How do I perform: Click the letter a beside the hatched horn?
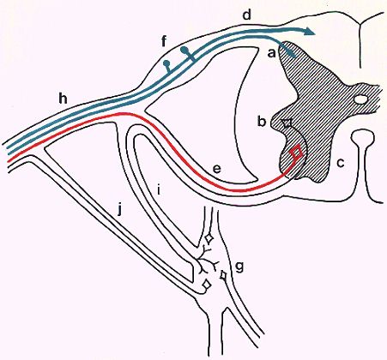(x=271, y=53)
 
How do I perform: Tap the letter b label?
(x=262, y=121)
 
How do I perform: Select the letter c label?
(x=341, y=163)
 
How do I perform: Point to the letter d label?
(x=246, y=15)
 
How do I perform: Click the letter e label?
(x=216, y=170)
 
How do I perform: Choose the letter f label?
(x=164, y=41)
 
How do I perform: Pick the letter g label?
(x=239, y=267)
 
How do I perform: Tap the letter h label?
(x=63, y=99)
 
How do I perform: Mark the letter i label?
(x=159, y=190)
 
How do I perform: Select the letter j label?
(x=120, y=210)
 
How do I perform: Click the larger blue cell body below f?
(x=184, y=51)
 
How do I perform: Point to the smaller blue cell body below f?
(x=166, y=63)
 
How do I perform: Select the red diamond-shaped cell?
(x=297, y=151)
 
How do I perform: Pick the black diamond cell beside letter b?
(x=287, y=123)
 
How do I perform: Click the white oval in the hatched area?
(x=360, y=99)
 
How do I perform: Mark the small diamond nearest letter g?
(x=223, y=275)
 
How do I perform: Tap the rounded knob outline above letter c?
(x=363, y=137)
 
